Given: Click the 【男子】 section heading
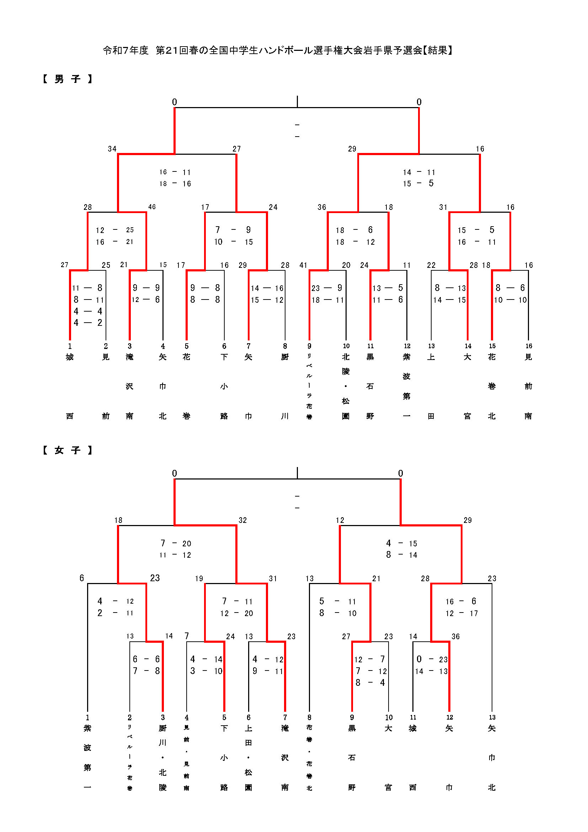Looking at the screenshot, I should click(67, 79).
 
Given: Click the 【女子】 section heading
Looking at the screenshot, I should click(67, 450).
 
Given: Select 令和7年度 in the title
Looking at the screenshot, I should click(125, 51).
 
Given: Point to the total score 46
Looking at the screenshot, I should click(152, 207).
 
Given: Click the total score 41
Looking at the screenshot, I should click(303, 265).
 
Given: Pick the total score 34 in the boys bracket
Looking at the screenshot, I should click(112, 149).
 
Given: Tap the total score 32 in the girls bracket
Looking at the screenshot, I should click(242, 520).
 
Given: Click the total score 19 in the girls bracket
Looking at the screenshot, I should click(199, 579).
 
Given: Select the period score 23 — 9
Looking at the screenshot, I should click(327, 288).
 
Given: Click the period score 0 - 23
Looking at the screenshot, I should click(431, 659).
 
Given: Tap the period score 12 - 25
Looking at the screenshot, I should click(115, 230).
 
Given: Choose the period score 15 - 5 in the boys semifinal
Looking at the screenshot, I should click(418, 184).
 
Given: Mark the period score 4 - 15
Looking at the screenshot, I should click(401, 544).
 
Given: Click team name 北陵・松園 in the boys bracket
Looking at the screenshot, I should click(346, 386).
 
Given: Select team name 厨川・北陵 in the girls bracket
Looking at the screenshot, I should click(162, 758).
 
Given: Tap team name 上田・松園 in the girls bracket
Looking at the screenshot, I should click(248, 758).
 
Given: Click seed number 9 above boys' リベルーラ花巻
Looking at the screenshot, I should click(309, 346).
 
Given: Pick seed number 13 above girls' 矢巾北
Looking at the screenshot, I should click(492, 717).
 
